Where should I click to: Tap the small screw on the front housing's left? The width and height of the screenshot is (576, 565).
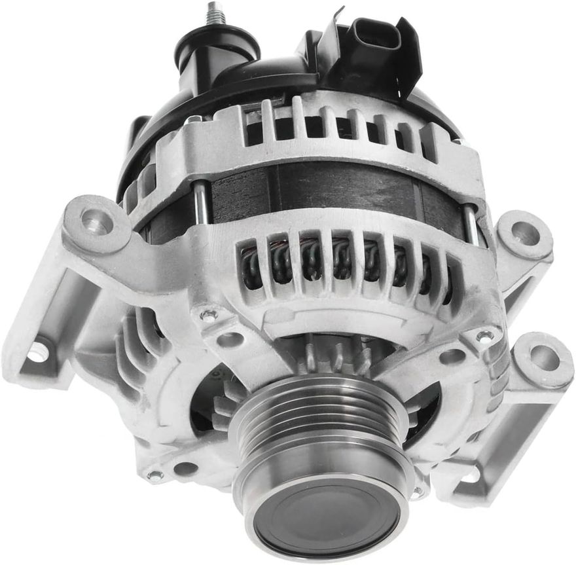point(209,316)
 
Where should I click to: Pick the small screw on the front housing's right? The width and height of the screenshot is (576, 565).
point(484,337)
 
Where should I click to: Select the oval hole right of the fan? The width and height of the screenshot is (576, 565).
point(452,356)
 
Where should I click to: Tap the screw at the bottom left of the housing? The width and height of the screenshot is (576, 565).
point(155,475)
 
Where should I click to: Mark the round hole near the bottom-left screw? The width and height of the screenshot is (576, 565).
point(185,469)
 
